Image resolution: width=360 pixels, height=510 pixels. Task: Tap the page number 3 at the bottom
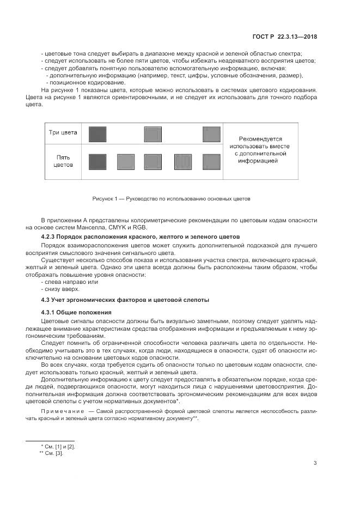[x=315, y=463]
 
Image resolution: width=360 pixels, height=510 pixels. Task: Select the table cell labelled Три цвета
[x=63, y=132]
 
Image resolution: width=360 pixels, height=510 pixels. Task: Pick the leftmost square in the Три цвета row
[x=97, y=134]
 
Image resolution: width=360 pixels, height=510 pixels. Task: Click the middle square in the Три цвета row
[x=153, y=134]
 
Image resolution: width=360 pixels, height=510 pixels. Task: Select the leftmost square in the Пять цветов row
[x=97, y=161]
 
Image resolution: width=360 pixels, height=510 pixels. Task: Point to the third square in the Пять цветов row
[x=153, y=161]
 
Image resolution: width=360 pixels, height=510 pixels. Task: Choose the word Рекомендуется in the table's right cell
[x=259, y=139]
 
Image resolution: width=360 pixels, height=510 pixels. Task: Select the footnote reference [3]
[x=59, y=453]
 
